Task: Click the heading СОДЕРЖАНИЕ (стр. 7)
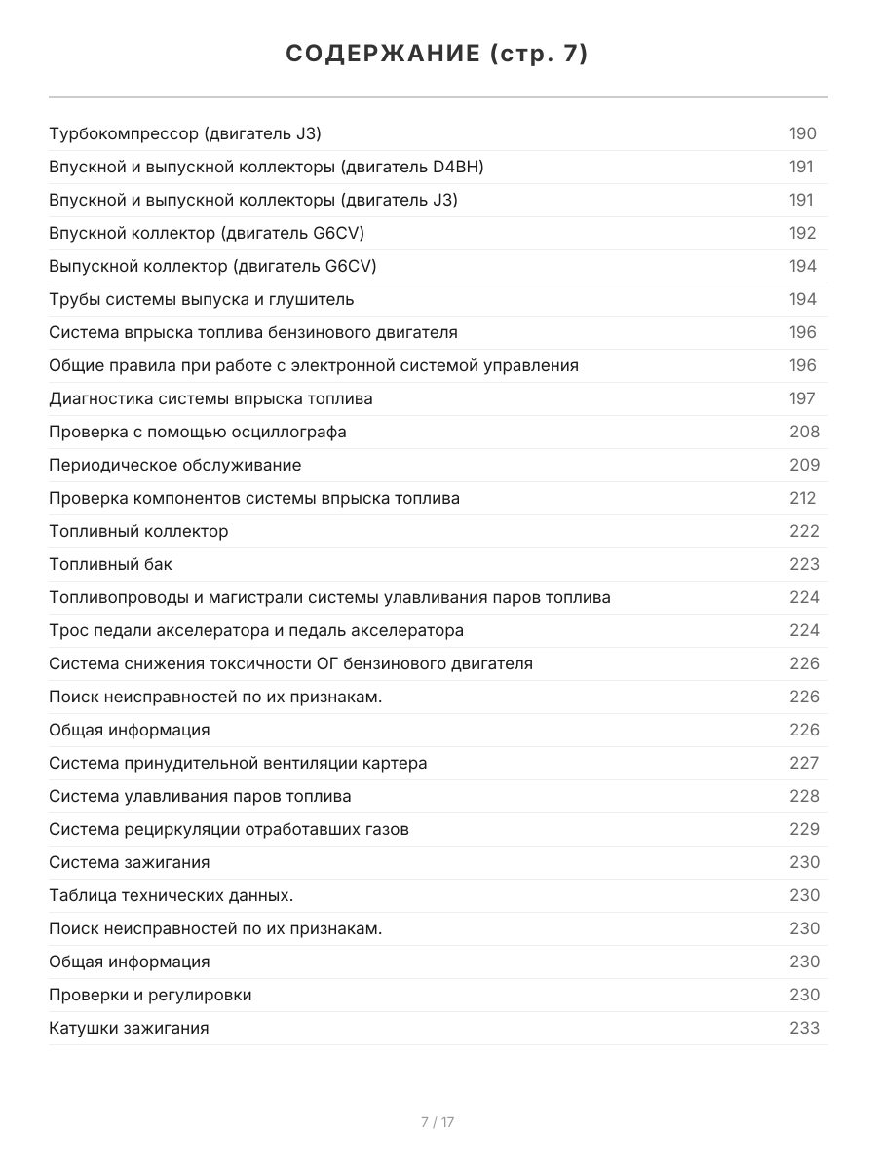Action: tap(438, 55)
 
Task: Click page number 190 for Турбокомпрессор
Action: tap(802, 134)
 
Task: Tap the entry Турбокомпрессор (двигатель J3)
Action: tap(185, 134)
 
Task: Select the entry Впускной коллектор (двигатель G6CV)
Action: tap(207, 234)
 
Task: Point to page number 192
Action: tap(802, 234)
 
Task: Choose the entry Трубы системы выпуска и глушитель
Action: tap(202, 300)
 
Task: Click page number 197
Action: tap(802, 399)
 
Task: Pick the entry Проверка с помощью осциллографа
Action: tap(198, 433)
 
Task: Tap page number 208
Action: tap(804, 433)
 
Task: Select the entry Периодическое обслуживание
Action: tap(175, 466)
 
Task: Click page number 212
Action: tap(802, 499)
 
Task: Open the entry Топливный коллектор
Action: tap(138, 532)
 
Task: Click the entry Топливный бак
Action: tap(110, 565)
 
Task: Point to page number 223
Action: tap(804, 565)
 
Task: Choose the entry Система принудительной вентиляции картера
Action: tap(238, 764)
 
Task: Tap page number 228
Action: tap(804, 797)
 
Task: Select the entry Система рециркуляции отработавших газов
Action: tap(229, 830)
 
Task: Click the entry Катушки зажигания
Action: tap(129, 1029)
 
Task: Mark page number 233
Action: tap(804, 1029)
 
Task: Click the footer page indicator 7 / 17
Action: tap(438, 1122)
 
